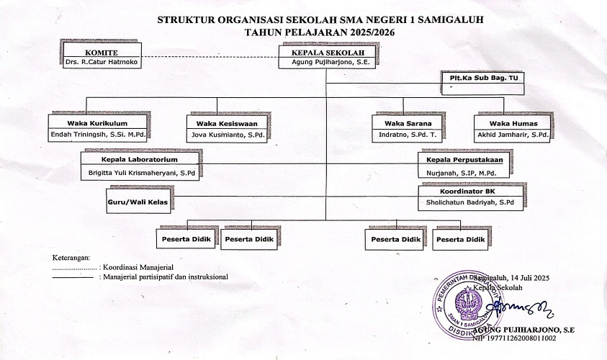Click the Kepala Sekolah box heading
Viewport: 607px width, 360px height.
point(323,53)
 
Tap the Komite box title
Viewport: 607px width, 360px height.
point(102,53)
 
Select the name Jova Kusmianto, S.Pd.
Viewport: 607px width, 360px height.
point(227,135)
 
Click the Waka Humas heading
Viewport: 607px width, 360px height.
point(513,124)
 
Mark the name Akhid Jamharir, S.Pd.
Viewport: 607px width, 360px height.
point(513,135)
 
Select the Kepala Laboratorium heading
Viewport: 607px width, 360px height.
point(139,158)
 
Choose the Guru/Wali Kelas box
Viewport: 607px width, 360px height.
point(138,203)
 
